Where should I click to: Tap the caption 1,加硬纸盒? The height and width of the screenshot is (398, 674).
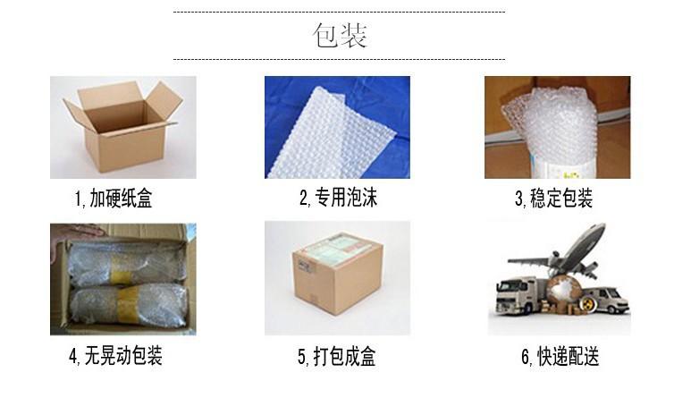click(114, 199)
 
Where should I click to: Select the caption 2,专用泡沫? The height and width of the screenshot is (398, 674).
click(338, 198)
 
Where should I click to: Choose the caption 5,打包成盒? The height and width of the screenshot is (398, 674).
click(337, 358)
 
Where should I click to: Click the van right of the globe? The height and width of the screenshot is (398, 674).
click(604, 299)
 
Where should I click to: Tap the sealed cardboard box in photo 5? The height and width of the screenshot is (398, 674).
click(336, 274)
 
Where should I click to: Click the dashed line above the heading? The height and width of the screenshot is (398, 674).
click(338, 12)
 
